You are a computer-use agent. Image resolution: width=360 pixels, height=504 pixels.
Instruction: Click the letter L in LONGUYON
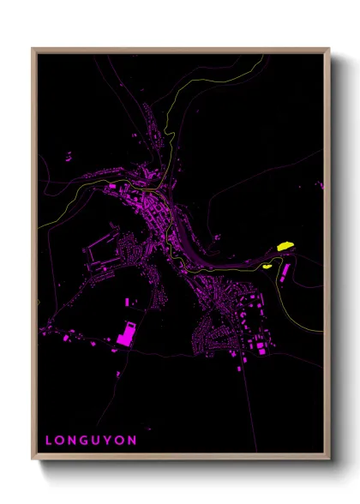[x=49, y=441]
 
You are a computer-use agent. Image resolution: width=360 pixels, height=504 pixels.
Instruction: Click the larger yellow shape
[x=286, y=247]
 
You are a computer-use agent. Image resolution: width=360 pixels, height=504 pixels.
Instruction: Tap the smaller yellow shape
[x=267, y=266]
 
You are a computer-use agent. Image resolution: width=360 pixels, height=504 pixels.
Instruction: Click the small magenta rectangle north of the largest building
[x=129, y=303]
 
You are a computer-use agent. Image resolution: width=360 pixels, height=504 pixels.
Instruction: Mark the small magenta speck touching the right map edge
[x=322, y=183]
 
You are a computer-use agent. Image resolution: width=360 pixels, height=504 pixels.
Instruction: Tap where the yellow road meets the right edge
[x=322, y=332]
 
